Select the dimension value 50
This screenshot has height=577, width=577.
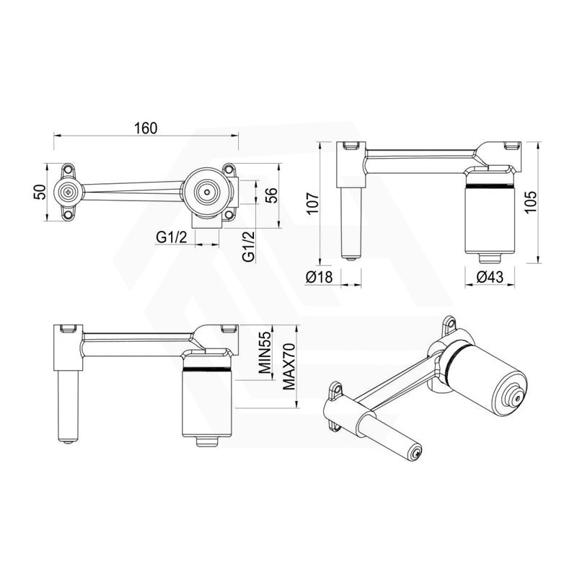coord(41,192)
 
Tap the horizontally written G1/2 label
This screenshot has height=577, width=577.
coord(172,237)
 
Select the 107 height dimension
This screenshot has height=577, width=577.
coord(312,203)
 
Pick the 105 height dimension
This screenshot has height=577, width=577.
coord(550,203)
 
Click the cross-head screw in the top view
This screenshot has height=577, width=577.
coord(69,192)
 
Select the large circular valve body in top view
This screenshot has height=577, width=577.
coord(205,192)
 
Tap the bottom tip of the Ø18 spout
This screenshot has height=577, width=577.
coord(351,257)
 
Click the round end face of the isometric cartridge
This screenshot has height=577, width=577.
coord(515,397)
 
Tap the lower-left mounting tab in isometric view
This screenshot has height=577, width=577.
coord(334,392)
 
